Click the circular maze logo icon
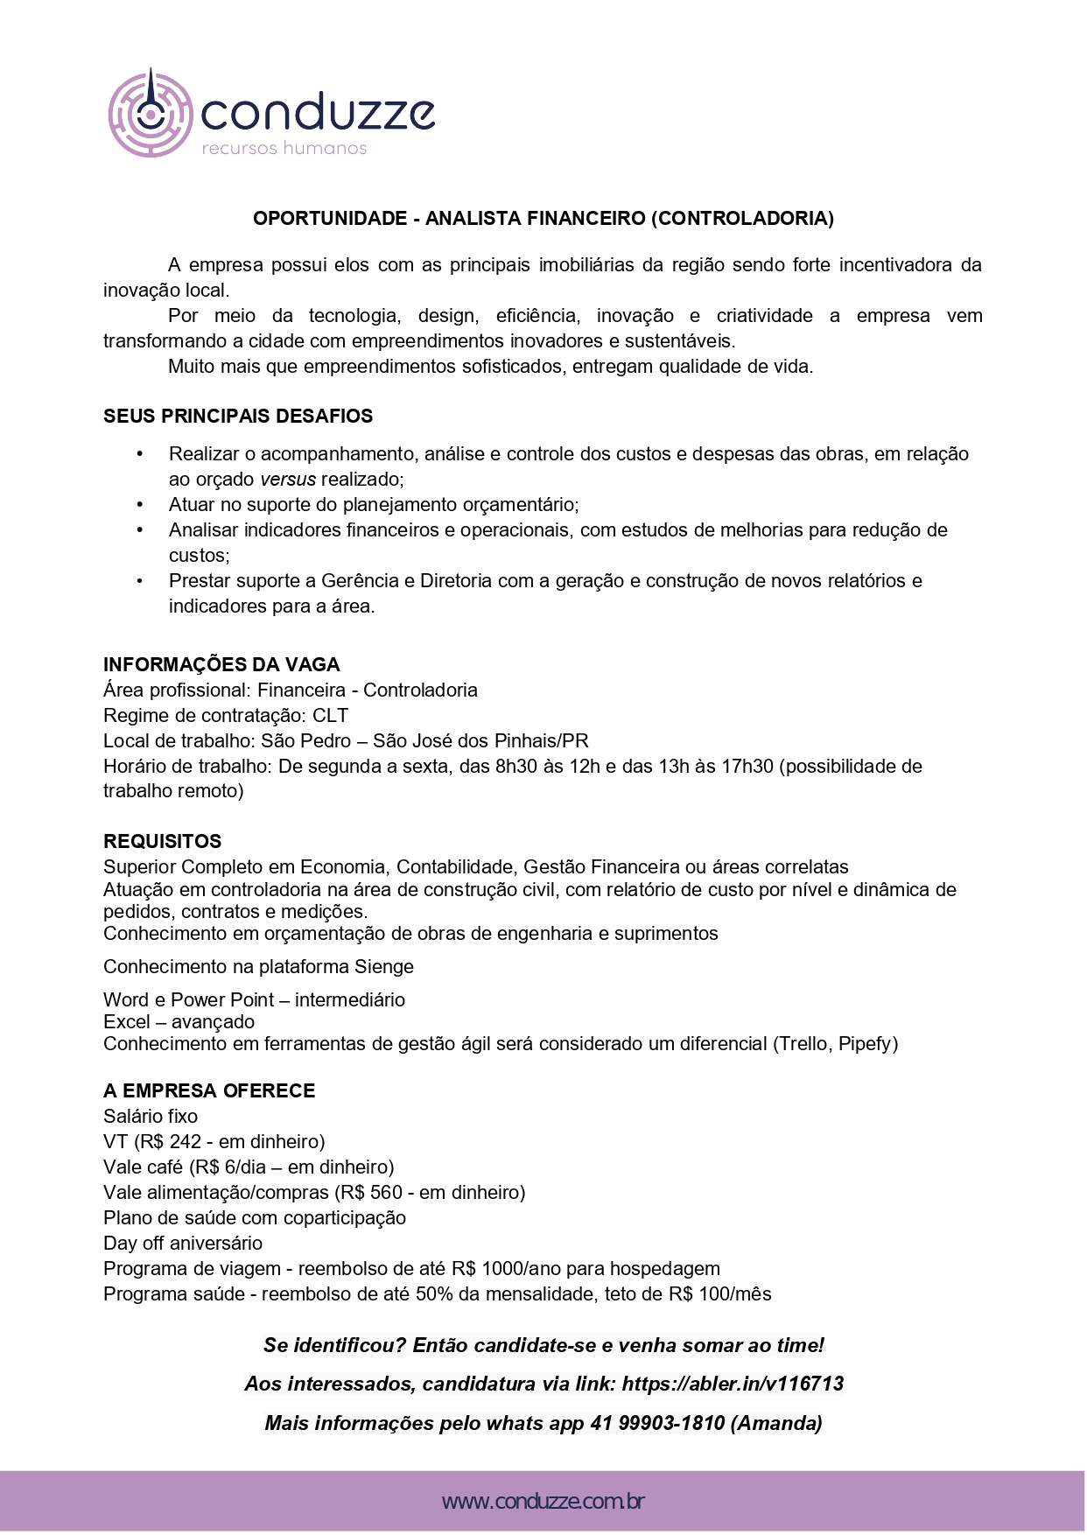[151, 114]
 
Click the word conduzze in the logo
[318, 113]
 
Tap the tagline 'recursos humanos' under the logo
[284, 149]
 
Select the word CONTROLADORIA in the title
[742, 219]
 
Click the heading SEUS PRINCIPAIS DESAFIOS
[238, 417]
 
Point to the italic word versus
[288, 480]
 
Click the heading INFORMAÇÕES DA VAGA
[221, 665]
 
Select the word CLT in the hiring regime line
[330, 716]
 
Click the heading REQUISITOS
[163, 842]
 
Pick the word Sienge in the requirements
[383, 967]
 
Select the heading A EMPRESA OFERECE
[209, 1091]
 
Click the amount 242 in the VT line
[186, 1142]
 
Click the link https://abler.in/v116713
[733, 1384]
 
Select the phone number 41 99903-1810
[657, 1424]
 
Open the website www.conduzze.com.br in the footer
[543, 1503]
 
